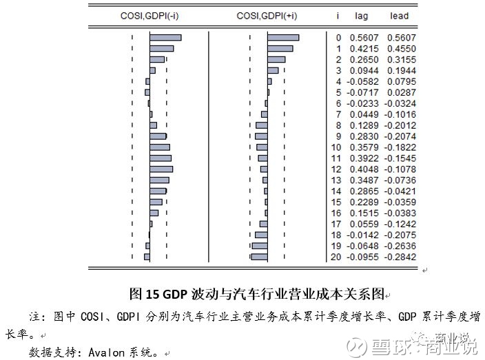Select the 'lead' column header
400,15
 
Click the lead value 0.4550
402,49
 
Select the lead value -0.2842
400,257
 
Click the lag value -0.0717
360,92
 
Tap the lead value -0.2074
400,136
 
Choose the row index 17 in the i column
336,224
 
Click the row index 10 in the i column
336,147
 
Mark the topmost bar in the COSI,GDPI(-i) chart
165,38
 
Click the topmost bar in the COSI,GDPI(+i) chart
283,38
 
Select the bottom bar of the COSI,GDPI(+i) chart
259,257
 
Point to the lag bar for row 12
161,169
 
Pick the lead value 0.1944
402,71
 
